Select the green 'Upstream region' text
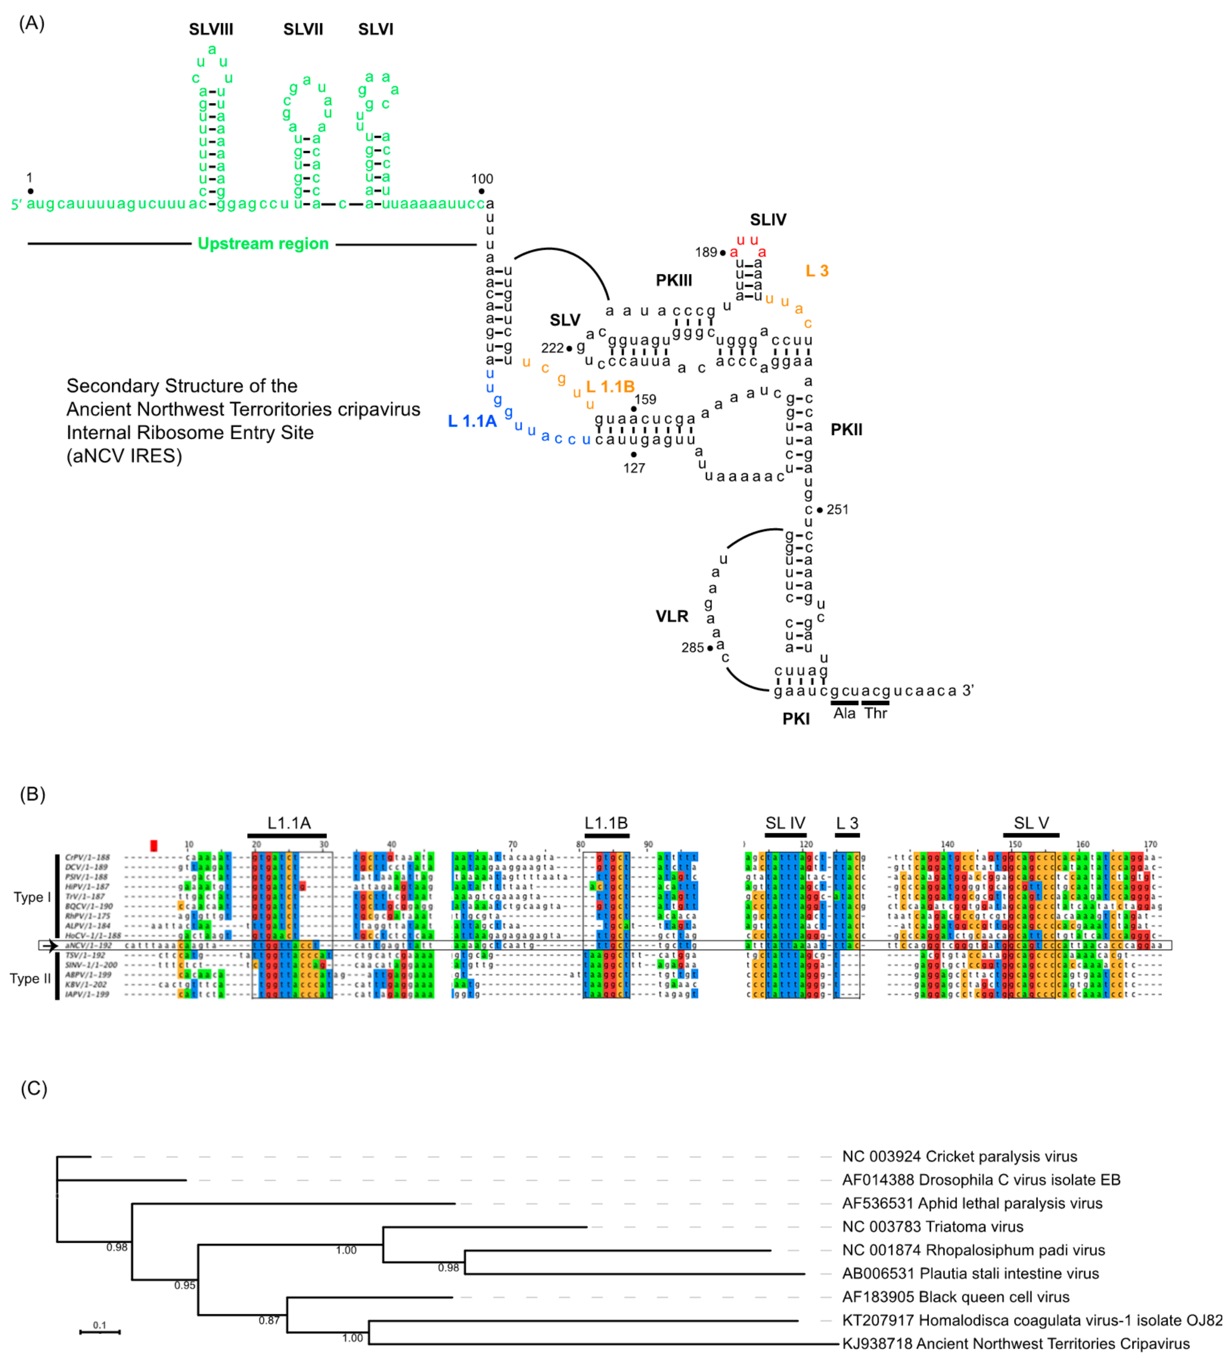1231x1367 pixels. tap(263, 244)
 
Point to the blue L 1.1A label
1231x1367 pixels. tap(472, 421)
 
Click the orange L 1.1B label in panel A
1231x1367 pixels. tap(610, 387)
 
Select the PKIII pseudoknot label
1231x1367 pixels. tap(674, 281)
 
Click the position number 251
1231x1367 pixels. tap(837, 509)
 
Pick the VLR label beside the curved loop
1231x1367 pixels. tap(672, 616)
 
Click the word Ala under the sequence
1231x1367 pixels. tap(844, 714)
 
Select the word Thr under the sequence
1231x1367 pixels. tap(875, 714)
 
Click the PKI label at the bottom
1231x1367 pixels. tap(796, 719)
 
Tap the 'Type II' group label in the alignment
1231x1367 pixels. tap(30, 979)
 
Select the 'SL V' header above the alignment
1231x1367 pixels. tap(1031, 823)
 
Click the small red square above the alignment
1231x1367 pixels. tap(154, 846)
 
